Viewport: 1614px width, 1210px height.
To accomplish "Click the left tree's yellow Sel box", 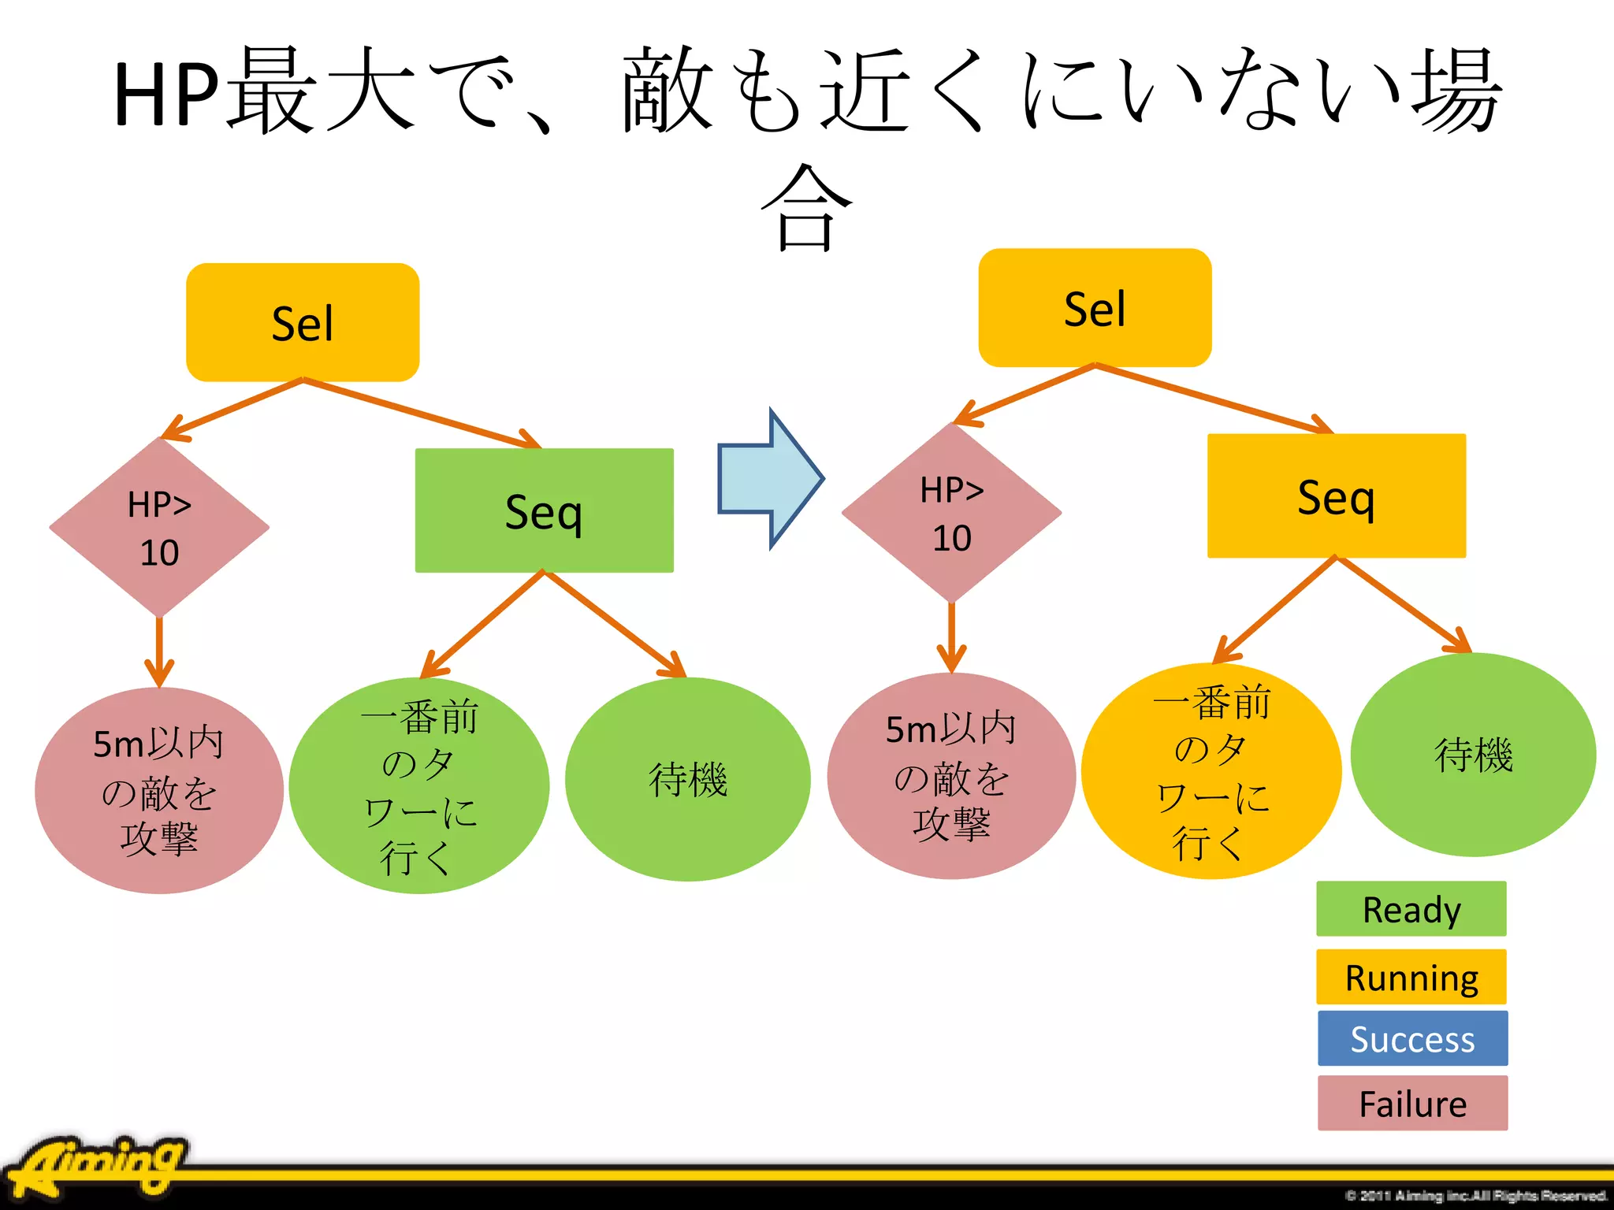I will pos(303,322).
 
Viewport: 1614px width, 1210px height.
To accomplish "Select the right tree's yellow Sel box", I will pos(1095,308).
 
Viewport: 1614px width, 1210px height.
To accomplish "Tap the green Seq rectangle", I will pos(544,510).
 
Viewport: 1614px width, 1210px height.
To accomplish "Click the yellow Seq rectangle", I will pos(1336,496).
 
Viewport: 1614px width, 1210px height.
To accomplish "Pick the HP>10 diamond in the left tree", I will pos(159,528).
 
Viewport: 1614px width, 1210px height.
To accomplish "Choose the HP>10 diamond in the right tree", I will pos(951,514).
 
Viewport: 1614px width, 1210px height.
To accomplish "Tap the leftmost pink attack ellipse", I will pos(159,790).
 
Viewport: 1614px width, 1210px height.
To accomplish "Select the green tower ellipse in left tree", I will pos(418,785).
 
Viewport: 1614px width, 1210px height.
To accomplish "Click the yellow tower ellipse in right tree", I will pos(1211,771).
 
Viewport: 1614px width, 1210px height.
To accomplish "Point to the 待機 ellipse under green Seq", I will pos(687,779).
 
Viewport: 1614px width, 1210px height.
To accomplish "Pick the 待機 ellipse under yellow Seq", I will pos(1473,755).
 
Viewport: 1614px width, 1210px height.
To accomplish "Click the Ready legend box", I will pos(1411,909).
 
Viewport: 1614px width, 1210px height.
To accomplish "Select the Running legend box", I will pos(1411,977).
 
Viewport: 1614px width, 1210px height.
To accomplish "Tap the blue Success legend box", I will pos(1412,1038).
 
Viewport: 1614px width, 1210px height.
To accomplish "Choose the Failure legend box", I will pos(1412,1103).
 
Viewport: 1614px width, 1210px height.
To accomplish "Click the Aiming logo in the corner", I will pos(99,1165).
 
